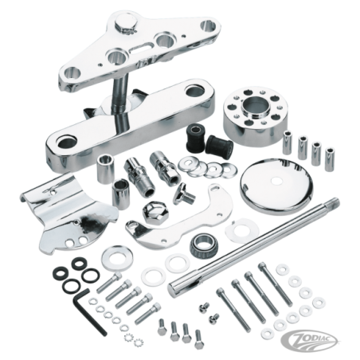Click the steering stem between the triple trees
pyautogui.click(x=121, y=97)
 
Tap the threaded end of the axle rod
pyautogui.click(x=333, y=202)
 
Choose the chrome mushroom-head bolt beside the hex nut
pyautogui.click(x=183, y=194)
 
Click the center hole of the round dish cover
pyautogui.click(x=276, y=181)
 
